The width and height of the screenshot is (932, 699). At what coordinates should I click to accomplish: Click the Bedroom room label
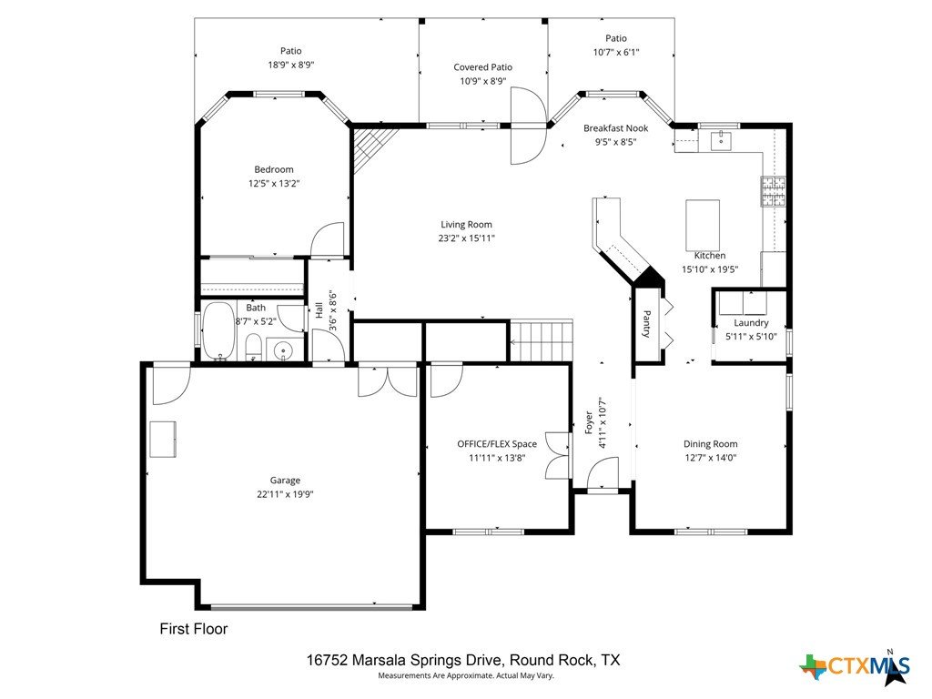[x=273, y=169]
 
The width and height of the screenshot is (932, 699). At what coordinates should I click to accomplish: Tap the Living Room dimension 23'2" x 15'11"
[x=466, y=238]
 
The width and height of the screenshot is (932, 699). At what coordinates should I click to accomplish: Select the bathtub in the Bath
[x=218, y=330]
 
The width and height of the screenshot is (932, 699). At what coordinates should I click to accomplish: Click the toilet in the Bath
[x=254, y=347]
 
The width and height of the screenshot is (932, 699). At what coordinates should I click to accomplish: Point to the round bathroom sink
[x=284, y=350]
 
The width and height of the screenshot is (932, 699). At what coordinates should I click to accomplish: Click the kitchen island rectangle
[x=703, y=226]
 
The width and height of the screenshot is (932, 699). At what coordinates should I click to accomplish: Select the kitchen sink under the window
[x=721, y=141]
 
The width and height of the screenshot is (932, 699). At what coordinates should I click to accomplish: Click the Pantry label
[x=647, y=324]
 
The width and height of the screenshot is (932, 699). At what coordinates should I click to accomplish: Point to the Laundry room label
[x=751, y=323]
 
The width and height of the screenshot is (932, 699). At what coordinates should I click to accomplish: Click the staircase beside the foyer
[x=542, y=342]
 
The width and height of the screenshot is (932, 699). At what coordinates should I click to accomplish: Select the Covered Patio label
[x=482, y=67]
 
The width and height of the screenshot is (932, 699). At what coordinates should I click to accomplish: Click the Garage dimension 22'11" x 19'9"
[x=285, y=494]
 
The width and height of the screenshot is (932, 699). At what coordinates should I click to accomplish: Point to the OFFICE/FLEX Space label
[x=497, y=444]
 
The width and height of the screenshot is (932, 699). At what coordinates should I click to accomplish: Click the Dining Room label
[x=710, y=444]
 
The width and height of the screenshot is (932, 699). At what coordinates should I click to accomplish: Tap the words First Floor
[x=194, y=629]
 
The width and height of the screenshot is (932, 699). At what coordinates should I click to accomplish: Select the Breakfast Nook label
[x=616, y=127]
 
